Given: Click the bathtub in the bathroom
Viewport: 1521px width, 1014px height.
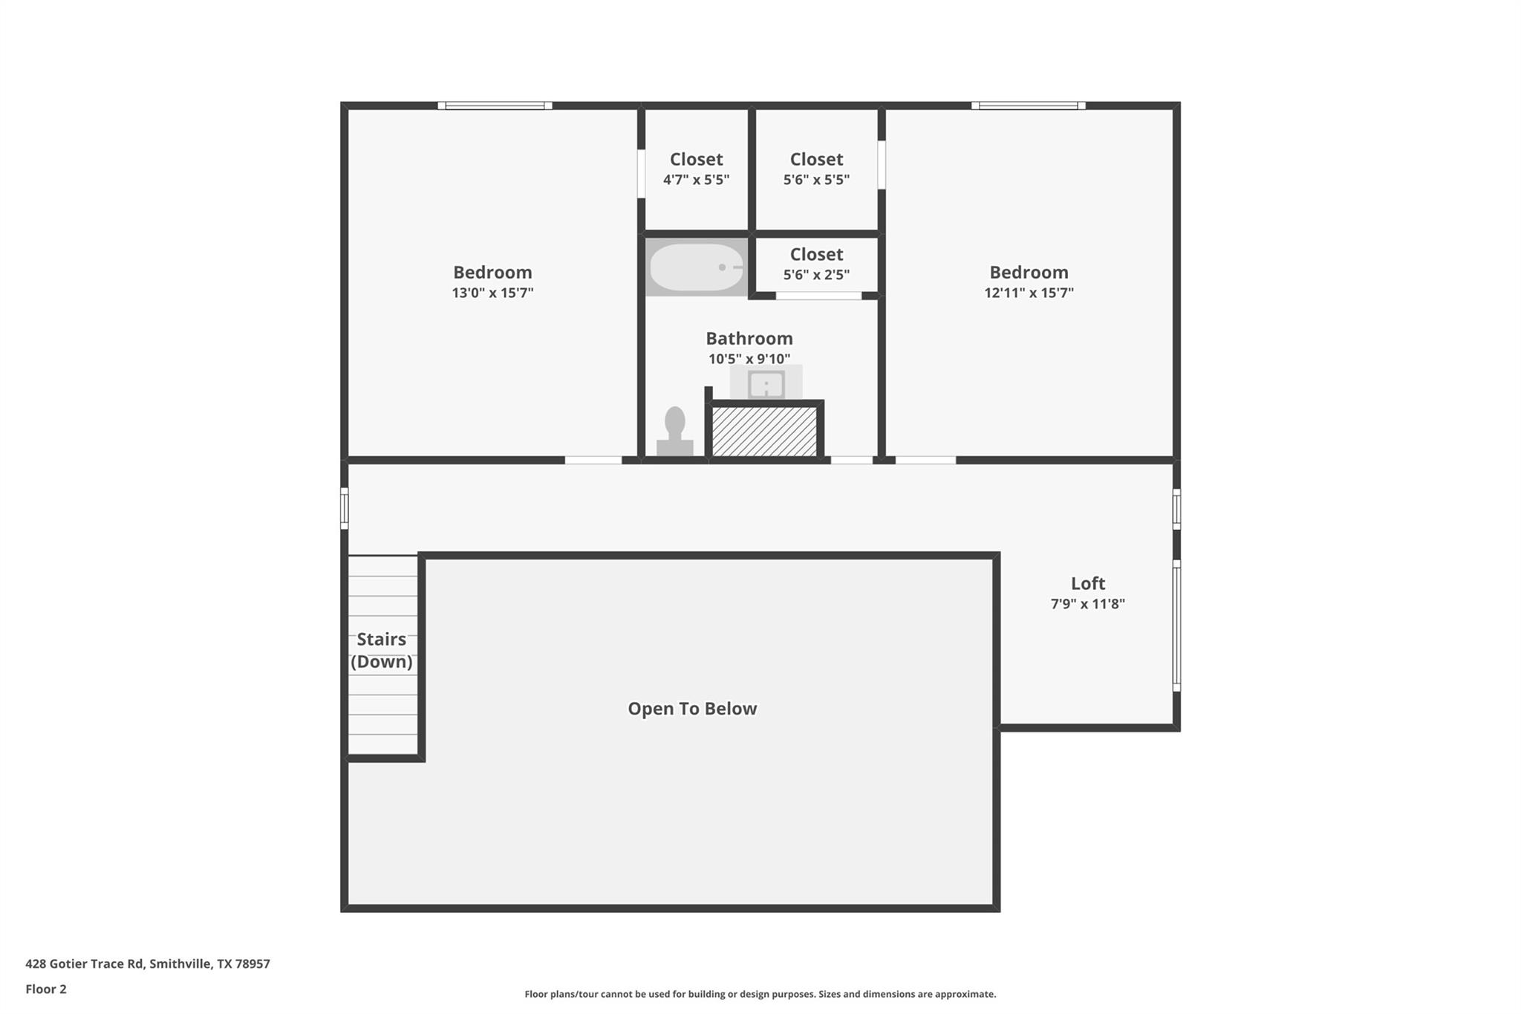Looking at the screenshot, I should point(696,267).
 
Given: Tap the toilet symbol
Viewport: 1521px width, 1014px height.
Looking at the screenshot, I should point(674,431).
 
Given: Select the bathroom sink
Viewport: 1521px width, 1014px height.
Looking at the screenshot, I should point(766,384).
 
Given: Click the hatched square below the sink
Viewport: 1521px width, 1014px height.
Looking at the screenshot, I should point(764,432).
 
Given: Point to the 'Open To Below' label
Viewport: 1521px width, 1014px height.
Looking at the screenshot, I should point(692,709).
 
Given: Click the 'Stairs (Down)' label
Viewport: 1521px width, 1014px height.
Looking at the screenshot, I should point(382,650).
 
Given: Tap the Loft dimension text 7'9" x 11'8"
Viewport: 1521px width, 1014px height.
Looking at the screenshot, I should point(1087,604).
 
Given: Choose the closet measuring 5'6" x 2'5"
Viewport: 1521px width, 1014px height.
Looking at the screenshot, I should point(816,264).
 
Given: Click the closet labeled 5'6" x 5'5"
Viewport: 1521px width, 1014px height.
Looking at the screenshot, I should point(816,169).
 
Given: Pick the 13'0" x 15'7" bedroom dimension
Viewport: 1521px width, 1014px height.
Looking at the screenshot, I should point(492,293).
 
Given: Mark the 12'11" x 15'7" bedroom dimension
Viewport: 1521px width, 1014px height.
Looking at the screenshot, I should point(1029,293).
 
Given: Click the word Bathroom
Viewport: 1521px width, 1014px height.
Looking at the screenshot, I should point(749,339).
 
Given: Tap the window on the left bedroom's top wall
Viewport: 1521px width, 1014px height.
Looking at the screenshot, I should point(495,105).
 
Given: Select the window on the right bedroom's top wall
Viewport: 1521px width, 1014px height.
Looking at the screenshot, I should point(1029,105).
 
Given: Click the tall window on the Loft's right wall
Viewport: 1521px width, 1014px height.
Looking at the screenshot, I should point(1176,625).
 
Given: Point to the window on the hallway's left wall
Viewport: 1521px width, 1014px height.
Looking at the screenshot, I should point(345,508).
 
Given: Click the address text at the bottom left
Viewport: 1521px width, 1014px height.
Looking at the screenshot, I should point(148,963).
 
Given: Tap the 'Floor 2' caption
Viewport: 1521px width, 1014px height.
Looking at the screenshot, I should point(46,989).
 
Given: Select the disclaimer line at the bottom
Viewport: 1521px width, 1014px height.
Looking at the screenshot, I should point(760,994).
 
